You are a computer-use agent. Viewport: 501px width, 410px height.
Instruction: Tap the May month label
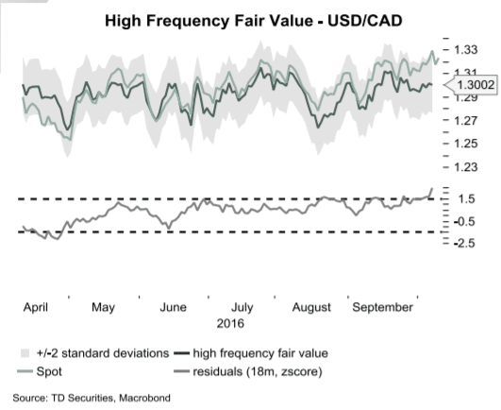pyautogui.click(x=104, y=307)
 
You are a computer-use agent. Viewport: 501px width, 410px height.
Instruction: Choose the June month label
pyautogui.click(x=174, y=307)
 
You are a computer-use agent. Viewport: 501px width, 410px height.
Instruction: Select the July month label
pyautogui.click(x=242, y=307)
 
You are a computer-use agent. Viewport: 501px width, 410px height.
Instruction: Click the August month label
pyautogui.click(x=312, y=307)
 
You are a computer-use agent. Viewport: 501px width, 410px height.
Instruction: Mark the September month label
pyautogui.click(x=383, y=307)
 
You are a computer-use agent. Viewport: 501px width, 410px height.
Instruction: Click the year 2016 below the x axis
pyautogui.click(x=231, y=323)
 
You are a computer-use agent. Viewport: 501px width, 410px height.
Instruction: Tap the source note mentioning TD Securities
pyautogui.click(x=92, y=398)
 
